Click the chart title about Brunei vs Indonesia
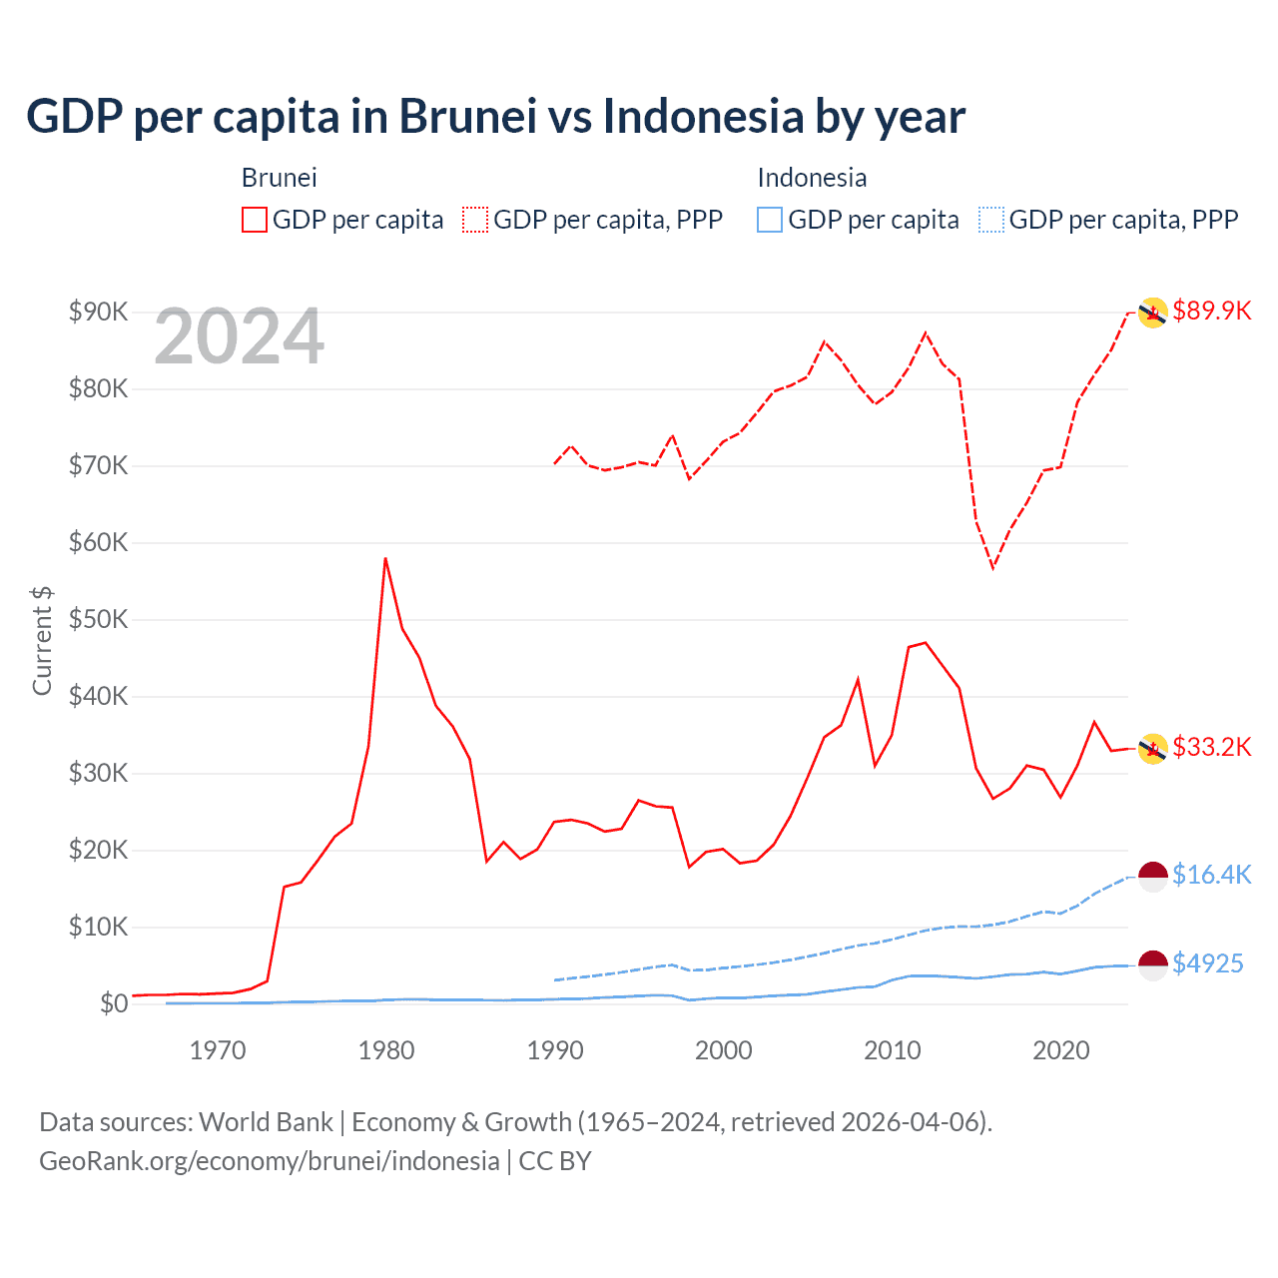(x=495, y=117)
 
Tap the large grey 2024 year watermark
(x=239, y=337)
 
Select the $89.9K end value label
(x=1211, y=311)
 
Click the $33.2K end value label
(x=1211, y=747)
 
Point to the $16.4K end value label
(x=1211, y=875)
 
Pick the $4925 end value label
(x=1207, y=963)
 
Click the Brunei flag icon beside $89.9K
(x=1153, y=313)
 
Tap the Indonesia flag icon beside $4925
(x=1153, y=965)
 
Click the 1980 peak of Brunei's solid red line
(x=385, y=558)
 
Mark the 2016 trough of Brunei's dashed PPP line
(x=992, y=568)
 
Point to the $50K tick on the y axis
(x=98, y=619)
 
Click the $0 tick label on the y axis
(x=114, y=1003)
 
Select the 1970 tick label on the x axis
(x=218, y=1050)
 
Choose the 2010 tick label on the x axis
(x=892, y=1050)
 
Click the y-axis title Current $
(x=42, y=640)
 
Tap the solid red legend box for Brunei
(x=255, y=220)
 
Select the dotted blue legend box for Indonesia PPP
(x=991, y=220)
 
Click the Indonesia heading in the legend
(x=812, y=178)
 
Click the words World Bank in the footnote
(x=266, y=1122)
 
